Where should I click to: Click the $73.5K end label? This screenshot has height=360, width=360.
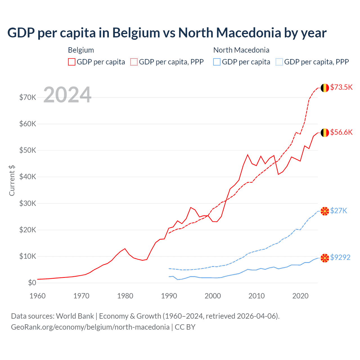pos(341,87)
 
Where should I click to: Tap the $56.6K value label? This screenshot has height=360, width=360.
pos(341,132)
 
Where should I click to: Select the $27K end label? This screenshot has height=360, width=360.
pos(339,211)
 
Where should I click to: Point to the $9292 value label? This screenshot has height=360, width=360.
pos(340,257)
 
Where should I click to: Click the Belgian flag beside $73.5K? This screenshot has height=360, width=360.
pos(325,88)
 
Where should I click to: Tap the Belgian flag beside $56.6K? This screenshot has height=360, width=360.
pos(325,132)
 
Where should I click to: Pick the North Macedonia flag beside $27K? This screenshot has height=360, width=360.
pos(325,211)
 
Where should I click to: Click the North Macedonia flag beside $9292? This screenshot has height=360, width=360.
pos(325,258)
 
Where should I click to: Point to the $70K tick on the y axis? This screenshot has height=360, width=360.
pos(28,97)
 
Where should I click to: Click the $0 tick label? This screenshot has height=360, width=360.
pos(32,283)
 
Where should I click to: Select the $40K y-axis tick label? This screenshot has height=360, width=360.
pos(28,177)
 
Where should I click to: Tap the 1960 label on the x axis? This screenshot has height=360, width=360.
pos(37,296)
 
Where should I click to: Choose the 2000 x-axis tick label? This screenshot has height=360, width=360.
pos(213,296)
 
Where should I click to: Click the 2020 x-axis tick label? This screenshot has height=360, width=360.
pos(300,296)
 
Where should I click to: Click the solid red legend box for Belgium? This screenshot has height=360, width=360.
pos(72,62)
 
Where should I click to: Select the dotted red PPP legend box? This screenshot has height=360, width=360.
pos(134,62)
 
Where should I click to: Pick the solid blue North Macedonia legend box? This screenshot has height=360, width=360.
pos(217,62)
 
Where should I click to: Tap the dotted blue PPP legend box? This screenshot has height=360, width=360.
pos(279,62)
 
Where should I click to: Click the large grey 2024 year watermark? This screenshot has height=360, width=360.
pos(67,95)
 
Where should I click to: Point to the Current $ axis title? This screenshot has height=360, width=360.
pos(12,180)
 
